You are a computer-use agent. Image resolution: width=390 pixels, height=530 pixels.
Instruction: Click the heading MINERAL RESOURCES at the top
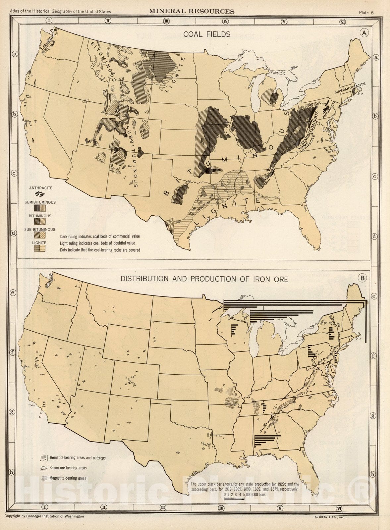tap(192, 12)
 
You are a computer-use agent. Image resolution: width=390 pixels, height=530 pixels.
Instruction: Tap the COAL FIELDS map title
tap(207, 34)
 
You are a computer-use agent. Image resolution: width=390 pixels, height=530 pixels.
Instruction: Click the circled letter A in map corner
tap(364, 33)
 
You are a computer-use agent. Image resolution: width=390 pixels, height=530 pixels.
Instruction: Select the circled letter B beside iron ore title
tap(362, 278)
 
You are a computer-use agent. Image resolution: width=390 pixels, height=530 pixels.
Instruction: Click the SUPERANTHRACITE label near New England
tap(350, 88)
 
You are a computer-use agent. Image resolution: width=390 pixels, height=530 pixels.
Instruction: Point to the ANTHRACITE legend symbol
tap(40, 194)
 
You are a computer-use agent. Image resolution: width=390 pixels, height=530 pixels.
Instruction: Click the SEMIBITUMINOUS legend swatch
tap(40, 208)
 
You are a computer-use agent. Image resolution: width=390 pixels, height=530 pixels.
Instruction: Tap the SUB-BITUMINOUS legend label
tap(40, 229)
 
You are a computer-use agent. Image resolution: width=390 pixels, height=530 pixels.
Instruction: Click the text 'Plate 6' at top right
tap(366, 13)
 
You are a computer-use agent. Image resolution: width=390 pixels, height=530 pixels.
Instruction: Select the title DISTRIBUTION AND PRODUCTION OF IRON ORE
tap(204, 279)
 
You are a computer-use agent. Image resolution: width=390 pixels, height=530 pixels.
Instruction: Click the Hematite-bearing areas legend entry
tap(77, 458)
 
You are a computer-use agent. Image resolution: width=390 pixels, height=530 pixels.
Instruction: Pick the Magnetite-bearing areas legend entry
tap(67, 478)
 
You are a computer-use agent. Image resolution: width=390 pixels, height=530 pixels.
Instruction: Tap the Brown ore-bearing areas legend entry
tap(68, 468)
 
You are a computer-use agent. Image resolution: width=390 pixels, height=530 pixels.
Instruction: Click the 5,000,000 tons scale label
tap(254, 495)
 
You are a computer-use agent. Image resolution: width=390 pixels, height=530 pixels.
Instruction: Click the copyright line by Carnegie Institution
tap(44, 516)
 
